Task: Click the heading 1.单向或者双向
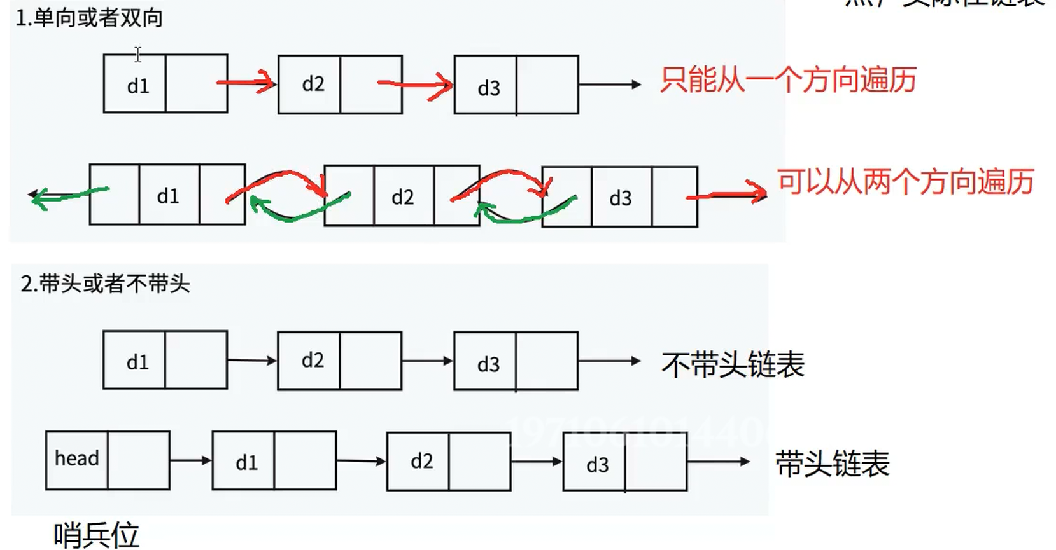[89, 18]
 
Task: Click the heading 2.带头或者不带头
[105, 283]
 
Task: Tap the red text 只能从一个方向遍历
[788, 81]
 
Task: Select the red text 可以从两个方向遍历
[905, 182]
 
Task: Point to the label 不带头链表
[733, 364]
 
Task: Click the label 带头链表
[832, 464]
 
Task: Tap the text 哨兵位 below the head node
[96, 535]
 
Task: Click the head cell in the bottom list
[77, 459]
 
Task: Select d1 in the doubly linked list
[168, 196]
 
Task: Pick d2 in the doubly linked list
[403, 197]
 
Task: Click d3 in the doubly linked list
[621, 198]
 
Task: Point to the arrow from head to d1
[190, 460]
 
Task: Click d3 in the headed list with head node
[597, 465]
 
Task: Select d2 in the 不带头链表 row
[313, 361]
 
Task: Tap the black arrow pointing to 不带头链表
[609, 361]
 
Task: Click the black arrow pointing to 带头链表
[718, 462]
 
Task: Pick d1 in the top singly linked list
[138, 86]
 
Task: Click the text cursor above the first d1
[138, 55]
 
